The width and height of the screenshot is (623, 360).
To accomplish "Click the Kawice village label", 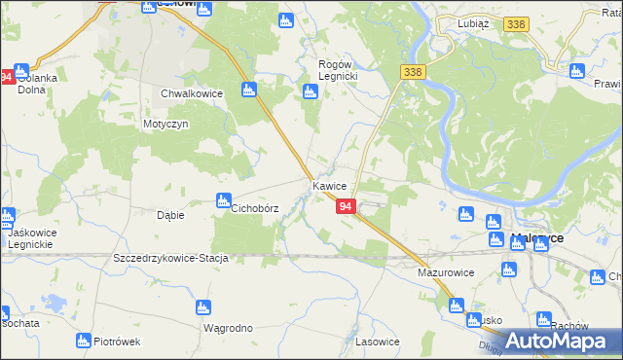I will pos(330,185).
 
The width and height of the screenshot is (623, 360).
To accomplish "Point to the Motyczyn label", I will pos(165,125).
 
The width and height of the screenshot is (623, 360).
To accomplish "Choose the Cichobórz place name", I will pos(254,208).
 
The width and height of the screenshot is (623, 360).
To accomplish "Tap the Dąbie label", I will pos(170,215).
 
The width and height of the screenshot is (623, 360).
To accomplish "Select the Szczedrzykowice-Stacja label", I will pos(170,258).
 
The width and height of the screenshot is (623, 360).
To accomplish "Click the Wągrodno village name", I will pos(228,328).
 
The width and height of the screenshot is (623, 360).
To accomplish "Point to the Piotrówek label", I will pos(118,342).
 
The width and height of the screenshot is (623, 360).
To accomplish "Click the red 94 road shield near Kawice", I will pos(346,206).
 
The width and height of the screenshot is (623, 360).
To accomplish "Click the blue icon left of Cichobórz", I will pos(221,201).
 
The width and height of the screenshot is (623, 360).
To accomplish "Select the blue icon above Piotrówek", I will pos(84,340).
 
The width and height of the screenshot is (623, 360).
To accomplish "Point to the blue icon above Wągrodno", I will pos(202,308).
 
